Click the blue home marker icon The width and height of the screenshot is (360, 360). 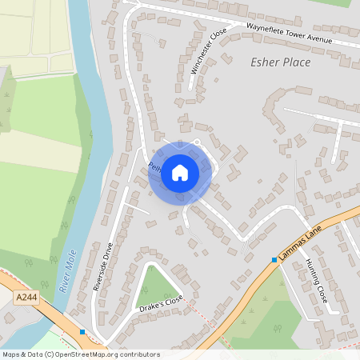180,172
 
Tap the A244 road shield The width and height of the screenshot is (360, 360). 26,298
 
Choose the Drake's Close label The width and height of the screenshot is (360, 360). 160,306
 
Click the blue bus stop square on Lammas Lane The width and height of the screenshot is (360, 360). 274,259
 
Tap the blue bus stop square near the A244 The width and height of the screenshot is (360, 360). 82,331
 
